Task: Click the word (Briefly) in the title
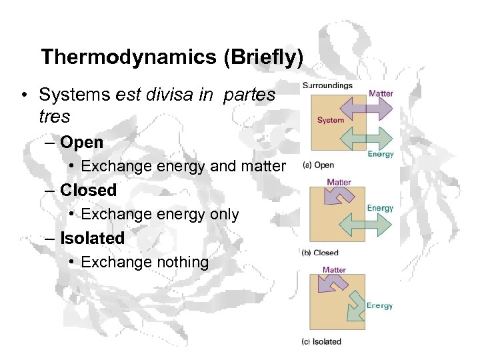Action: coord(263,57)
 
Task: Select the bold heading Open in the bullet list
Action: coord(81,142)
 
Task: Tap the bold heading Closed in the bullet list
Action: coord(88,190)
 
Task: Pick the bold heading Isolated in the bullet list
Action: coord(92,238)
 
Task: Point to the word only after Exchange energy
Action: coord(220,214)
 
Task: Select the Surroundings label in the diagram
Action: coord(328,85)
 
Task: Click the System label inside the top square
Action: coord(331,120)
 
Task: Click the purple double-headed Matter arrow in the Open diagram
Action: coord(361,108)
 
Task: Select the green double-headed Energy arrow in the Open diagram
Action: coord(361,137)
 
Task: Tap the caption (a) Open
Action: coord(319,165)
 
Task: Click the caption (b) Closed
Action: coord(321,253)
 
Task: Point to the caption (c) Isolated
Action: coord(322,341)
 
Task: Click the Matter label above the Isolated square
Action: coord(334,270)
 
